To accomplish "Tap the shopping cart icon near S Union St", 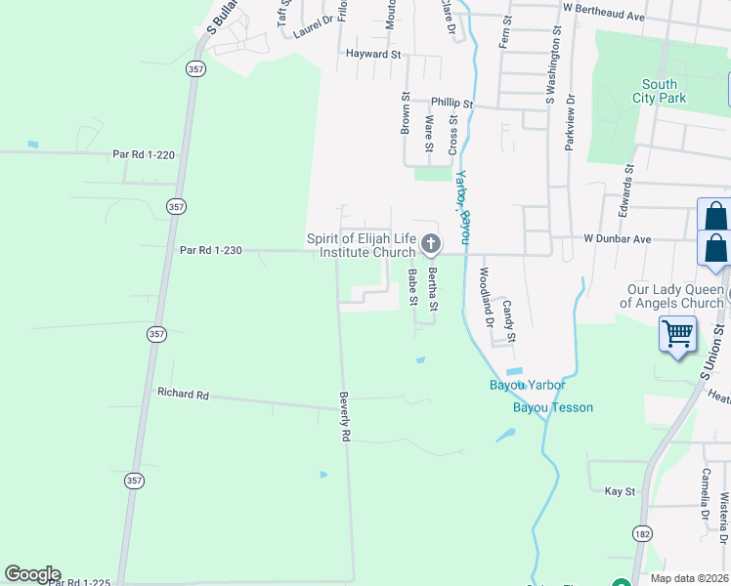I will [677, 334].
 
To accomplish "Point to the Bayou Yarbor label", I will [528, 385].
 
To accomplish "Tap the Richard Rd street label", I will [184, 395].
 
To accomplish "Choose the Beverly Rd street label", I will [344, 418].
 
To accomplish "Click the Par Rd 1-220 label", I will [143, 154].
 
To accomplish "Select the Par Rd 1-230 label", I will [210, 250].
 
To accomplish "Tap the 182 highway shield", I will [642, 533].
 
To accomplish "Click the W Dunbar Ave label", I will [617, 238].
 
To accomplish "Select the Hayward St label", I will [374, 55].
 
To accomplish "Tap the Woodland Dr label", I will [484, 291].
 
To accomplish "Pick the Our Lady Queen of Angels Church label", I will [676, 296].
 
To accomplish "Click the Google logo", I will [32, 574].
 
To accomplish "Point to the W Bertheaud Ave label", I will [604, 17].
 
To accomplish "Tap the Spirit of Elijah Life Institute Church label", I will [362, 245].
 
